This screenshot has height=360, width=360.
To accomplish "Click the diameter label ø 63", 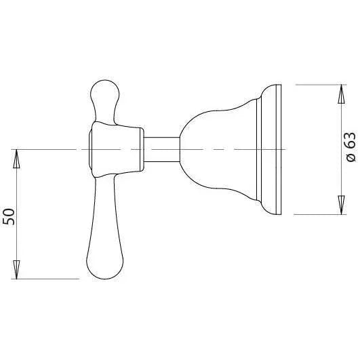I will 350,148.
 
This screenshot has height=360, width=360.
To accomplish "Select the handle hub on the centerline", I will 117,147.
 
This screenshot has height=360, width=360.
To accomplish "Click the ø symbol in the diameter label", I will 350,158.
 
